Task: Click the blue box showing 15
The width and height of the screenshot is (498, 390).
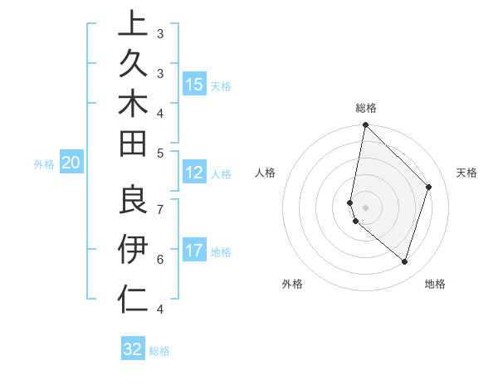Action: [193, 85]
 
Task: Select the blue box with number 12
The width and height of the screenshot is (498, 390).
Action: [193, 173]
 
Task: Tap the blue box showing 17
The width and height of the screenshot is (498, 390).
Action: [193, 251]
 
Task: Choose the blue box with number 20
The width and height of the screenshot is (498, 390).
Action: [71, 163]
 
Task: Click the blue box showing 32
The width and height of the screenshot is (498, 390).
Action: [133, 349]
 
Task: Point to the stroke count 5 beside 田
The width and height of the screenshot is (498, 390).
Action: [160, 153]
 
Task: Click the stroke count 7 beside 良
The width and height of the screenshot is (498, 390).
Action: [160, 208]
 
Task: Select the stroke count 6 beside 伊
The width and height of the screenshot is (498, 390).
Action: [160, 260]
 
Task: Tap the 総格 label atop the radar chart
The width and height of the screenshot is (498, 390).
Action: [365, 108]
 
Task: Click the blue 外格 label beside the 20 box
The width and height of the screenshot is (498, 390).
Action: [44, 164]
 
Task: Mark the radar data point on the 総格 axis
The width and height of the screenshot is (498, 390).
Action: [365, 125]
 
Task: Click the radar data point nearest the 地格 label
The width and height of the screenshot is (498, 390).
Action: [404, 261]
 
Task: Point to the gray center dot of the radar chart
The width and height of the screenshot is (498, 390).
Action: [365, 207]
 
